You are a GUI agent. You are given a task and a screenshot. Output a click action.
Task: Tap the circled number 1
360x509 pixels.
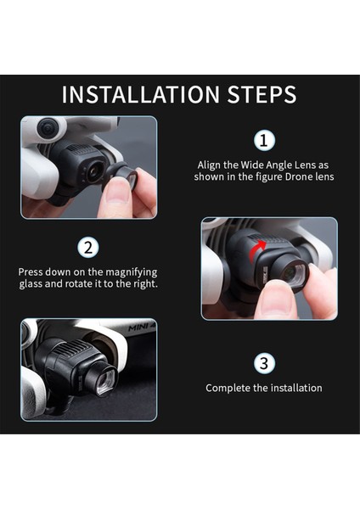pos(265,140)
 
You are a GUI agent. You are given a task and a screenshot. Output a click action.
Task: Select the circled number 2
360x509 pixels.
pos(87,248)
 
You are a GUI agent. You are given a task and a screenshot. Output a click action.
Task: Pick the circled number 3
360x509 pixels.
pos(265,363)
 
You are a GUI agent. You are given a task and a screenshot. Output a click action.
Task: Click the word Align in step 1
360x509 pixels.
pos(212,165)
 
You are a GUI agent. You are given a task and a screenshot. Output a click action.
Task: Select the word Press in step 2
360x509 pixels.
pos(32,271)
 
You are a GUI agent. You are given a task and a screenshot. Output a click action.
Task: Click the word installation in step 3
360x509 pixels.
pos(295,388)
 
